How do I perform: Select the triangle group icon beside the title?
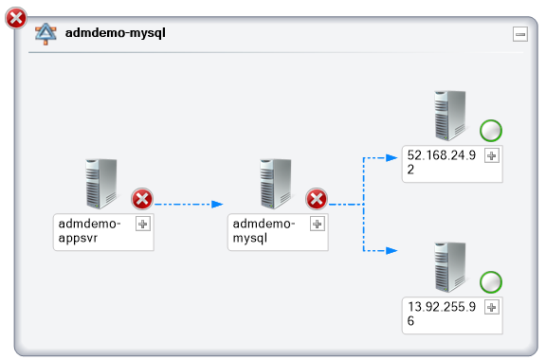[x=45, y=34]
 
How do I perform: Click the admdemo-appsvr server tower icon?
[x=100, y=184]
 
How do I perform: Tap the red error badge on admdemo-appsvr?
[x=142, y=199]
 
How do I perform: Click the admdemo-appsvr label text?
[x=90, y=230]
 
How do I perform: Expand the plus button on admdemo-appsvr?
[x=143, y=224]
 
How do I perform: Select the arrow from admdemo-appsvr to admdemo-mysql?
[x=188, y=203]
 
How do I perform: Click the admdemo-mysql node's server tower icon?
[x=274, y=184]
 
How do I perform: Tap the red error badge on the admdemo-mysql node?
[x=317, y=199]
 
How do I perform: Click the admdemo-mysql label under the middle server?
[x=264, y=230]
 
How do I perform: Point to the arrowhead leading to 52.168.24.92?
[x=392, y=157]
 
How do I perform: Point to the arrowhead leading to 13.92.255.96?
[x=392, y=251]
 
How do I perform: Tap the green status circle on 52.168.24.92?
[x=491, y=131]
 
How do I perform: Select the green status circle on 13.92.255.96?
[x=491, y=281]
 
